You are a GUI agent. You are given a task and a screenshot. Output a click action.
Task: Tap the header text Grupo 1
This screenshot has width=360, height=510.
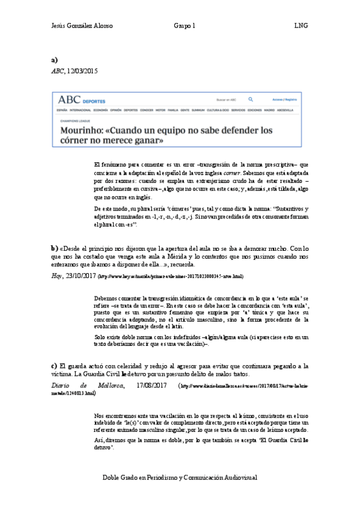click(x=184, y=26)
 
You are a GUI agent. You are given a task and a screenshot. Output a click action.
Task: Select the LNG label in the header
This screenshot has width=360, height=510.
click(x=301, y=26)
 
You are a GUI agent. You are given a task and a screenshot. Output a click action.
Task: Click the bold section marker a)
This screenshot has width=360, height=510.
click(x=54, y=60)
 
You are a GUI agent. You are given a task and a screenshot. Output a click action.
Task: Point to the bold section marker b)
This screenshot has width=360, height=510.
click(x=54, y=247)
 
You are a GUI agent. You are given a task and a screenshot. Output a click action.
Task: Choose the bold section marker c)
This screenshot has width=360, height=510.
click(x=54, y=366)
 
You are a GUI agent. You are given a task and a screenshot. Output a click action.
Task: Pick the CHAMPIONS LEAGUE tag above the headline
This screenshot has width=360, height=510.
click(x=72, y=120)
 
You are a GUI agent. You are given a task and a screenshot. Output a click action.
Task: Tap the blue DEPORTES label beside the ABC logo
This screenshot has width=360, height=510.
click(x=94, y=101)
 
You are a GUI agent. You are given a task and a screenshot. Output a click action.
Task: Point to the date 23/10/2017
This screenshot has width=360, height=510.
click(x=79, y=276)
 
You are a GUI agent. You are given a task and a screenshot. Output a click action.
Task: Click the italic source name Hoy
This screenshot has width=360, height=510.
click(x=56, y=276)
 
